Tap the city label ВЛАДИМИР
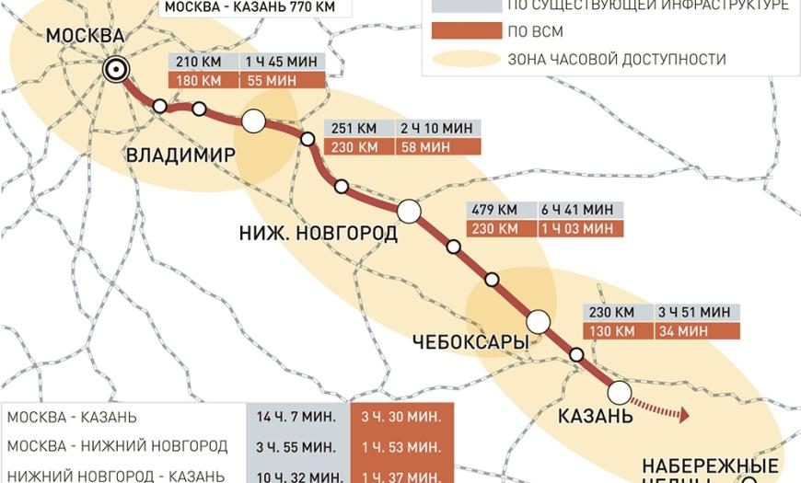pyautogui.click(x=180, y=154)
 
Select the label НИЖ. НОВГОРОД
pyautogui.click(x=319, y=233)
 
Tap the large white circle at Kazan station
pyautogui.click(x=620, y=393)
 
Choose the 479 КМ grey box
pyautogui.click(x=498, y=210)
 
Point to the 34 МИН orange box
pyautogui.click(x=696, y=330)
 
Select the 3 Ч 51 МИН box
pyautogui.click(x=696, y=312)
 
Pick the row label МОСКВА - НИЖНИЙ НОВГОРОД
pyautogui.click(x=117, y=446)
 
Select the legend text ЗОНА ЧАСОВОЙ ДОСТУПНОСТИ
pyautogui.click(x=616, y=60)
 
